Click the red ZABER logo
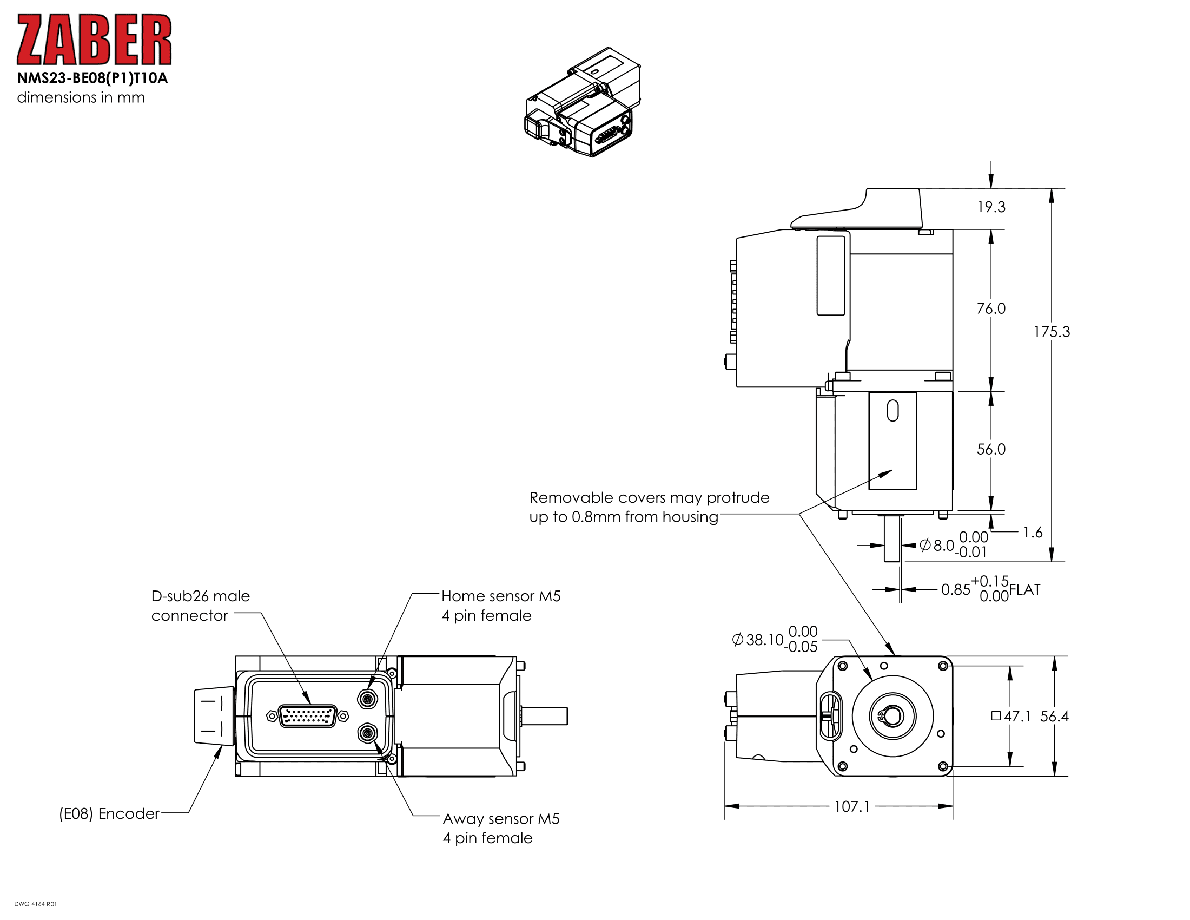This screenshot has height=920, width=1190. (x=94, y=40)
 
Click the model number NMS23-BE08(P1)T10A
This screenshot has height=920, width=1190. (x=92, y=78)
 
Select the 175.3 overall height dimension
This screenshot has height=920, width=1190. (x=1052, y=332)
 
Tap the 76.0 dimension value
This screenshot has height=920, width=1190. (x=990, y=308)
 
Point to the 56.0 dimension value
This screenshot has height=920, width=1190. (x=990, y=449)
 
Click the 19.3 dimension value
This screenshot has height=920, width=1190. (x=990, y=207)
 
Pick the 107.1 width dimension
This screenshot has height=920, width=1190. (x=851, y=807)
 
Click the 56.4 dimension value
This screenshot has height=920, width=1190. (x=1054, y=716)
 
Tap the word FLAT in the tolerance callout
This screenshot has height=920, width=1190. (x=1024, y=590)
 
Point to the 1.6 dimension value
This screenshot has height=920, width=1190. (x=1033, y=533)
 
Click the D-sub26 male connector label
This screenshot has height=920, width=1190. (x=200, y=606)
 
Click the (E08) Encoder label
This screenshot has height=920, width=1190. (x=109, y=814)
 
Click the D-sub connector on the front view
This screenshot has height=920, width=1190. (x=307, y=716)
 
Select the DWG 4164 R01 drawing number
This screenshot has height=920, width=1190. (x=35, y=904)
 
